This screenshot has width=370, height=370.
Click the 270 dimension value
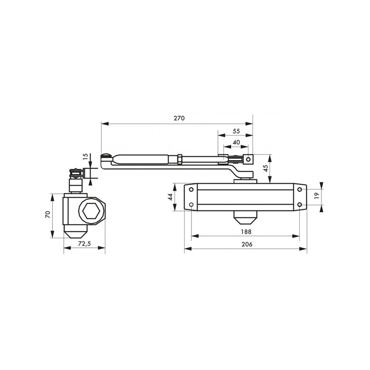tap(179, 118)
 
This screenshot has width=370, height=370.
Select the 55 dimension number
tap(236, 131)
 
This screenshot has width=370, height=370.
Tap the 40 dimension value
tap(236, 142)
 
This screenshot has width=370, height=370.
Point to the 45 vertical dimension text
tap(265, 168)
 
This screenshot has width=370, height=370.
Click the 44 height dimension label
tap(170, 197)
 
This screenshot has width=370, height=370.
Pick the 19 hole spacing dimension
tap(316, 195)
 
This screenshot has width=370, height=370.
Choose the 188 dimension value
tap(246, 232)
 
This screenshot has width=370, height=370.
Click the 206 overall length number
tap(247, 244)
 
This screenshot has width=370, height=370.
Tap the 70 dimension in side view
tap(48, 214)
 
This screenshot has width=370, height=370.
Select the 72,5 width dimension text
tap(84, 244)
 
